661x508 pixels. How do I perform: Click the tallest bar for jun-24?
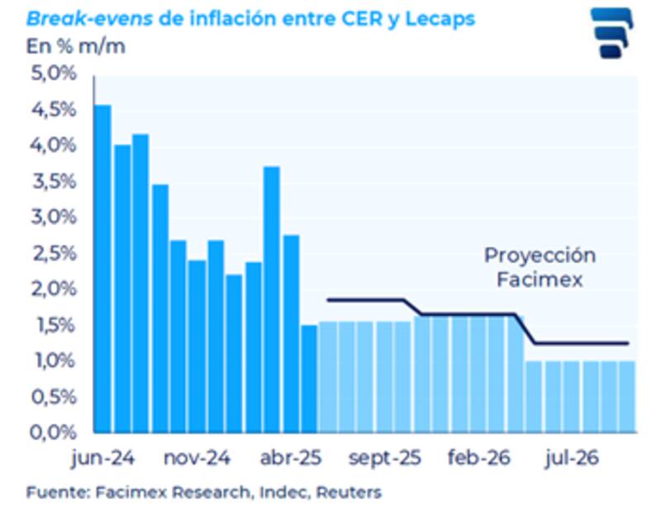(x=102, y=268)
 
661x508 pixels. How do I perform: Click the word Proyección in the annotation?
(x=540, y=256)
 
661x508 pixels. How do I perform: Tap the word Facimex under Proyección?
(x=540, y=280)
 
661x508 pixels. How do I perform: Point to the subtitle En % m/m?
(x=76, y=46)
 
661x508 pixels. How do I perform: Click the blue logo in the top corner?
(x=611, y=33)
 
